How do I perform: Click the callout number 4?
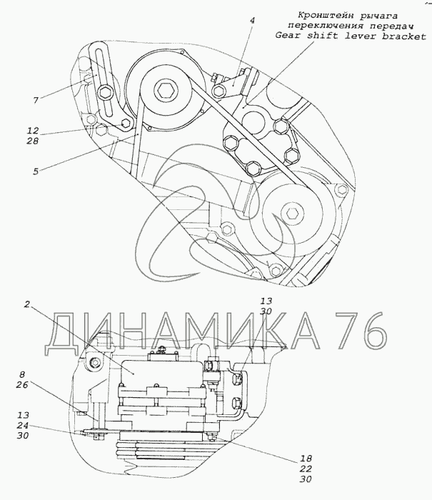252,21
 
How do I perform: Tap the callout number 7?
36,101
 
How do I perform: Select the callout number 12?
33,131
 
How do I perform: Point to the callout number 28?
33,141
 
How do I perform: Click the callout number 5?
36,171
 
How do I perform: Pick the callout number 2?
27,304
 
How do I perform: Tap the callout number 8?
21,374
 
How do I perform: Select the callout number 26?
21,385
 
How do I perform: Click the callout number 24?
23,426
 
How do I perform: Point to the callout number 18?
306,459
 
